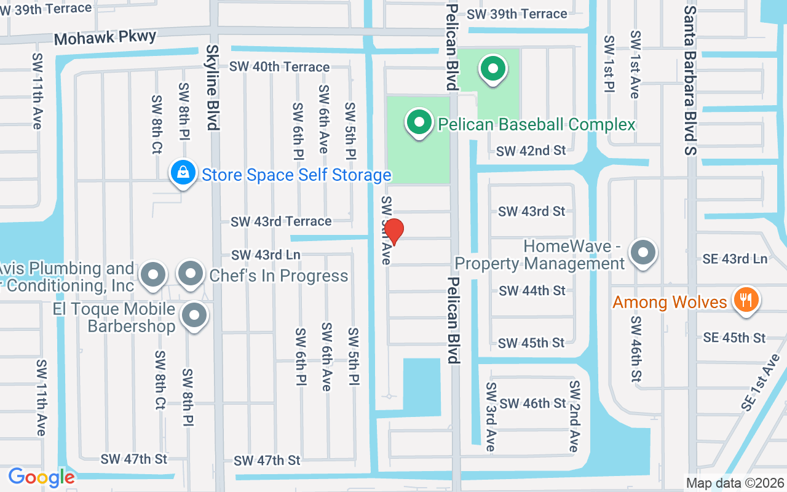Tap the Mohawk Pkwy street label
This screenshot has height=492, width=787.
pyautogui.click(x=105, y=38)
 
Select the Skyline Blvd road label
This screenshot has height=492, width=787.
pyautogui.click(x=213, y=87)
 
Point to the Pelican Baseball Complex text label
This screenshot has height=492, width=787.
pyautogui.click(x=536, y=124)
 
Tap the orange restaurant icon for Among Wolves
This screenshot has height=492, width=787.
pyautogui.click(x=746, y=301)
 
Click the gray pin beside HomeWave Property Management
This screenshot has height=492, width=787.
pyautogui.click(x=644, y=253)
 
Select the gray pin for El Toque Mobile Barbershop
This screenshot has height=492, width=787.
pyautogui.click(x=195, y=316)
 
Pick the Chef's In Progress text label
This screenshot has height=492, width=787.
pyautogui.click(x=279, y=276)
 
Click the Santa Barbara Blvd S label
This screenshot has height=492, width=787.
pyautogui.click(x=690, y=80)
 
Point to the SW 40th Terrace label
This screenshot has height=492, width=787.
pyautogui.click(x=280, y=66)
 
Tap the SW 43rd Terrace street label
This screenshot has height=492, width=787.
pyautogui.click(x=281, y=221)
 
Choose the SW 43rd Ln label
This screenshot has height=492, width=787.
pyautogui.click(x=266, y=254)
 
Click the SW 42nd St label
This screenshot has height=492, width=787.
pyautogui.click(x=531, y=151)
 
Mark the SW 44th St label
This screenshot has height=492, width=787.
pyautogui.click(x=532, y=290)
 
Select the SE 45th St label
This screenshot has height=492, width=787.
pyautogui.click(x=735, y=338)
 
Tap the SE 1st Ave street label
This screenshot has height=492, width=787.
pyautogui.click(x=757, y=386)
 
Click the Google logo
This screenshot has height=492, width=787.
pyautogui.click(x=41, y=477)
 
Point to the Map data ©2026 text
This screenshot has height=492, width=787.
pyautogui.click(x=735, y=483)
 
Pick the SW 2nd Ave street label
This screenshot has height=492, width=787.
pyautogui.click(x=574, y=416)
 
